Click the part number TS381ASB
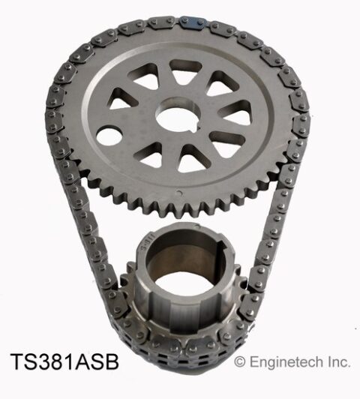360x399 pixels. [64, 362]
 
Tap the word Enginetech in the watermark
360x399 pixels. [286, 362]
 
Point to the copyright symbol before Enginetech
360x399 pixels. [240, 361]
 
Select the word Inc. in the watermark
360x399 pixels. [338, 361]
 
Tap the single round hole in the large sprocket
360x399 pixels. [109, 136]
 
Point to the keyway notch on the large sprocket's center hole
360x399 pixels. [197, 127]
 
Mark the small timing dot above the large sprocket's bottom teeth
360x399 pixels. [179, 193]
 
